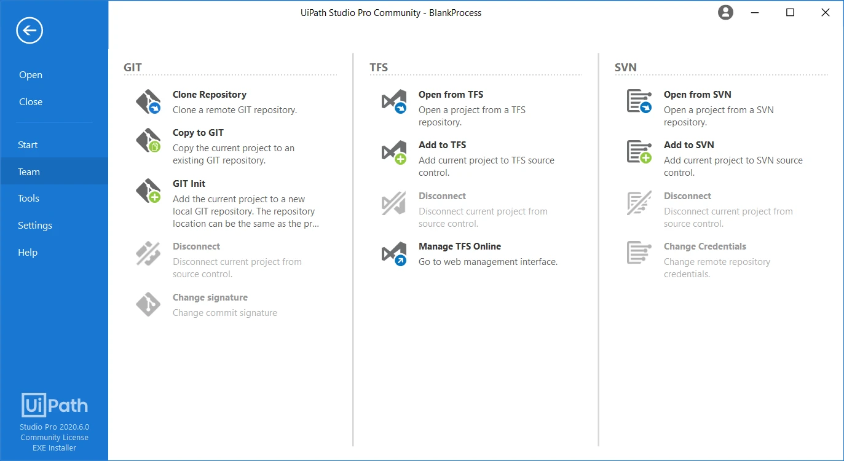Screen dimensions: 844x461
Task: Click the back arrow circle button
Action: coord(30,31)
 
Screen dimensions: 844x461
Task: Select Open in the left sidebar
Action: coord(31,75)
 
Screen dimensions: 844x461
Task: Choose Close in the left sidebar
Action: coord(31,101)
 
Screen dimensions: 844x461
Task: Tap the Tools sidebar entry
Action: coord(28,198)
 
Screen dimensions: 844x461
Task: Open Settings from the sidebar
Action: coord(34,225)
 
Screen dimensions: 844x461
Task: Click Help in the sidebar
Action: coord(28,253)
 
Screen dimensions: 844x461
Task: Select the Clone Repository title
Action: coord(210,95)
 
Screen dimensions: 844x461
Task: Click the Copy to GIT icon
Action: coord(149,141)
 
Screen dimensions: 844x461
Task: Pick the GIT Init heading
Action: coord(189,184)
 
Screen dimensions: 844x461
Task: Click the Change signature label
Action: coord(210,297)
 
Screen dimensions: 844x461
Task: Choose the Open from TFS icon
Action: coord(394,101)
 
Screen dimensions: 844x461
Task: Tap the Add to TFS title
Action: coord(442,145)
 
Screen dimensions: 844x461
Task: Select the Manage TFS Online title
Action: coord(460,246)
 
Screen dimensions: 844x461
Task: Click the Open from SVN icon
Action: coord(639,101)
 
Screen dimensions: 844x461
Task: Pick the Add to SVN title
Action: coord(688,145)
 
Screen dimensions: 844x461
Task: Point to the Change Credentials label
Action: coord(704,246)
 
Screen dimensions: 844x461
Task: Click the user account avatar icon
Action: coord(725,12)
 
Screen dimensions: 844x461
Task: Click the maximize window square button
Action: coord(790,12)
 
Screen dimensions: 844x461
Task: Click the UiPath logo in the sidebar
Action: coord(55,405)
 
